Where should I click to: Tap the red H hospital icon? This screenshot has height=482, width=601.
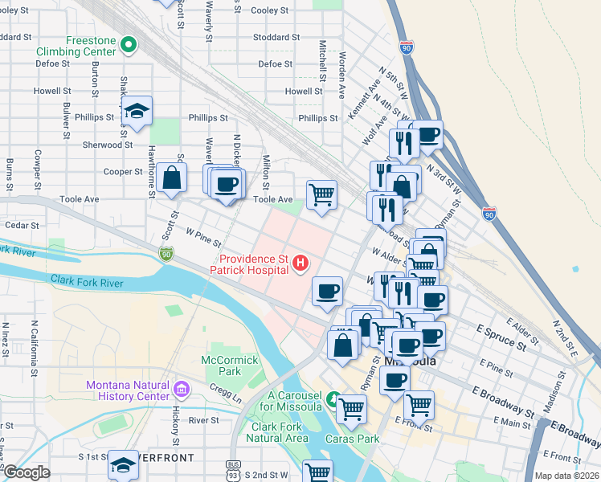tap(300, 262)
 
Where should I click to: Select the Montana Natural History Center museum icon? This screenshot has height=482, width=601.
tap(182, 390)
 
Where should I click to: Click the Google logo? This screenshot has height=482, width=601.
tap(27, 472)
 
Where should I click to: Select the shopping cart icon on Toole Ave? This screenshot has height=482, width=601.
tap(321, 194)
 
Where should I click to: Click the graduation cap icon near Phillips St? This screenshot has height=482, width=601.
tap(138, 112)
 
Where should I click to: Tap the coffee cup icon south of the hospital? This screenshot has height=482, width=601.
tap(326, 291)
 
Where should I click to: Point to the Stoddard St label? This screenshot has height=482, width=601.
tap(276, 37)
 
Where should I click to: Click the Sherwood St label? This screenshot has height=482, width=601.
tap(107, 145)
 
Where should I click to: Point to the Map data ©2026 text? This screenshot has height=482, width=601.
tap(566, 476)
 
